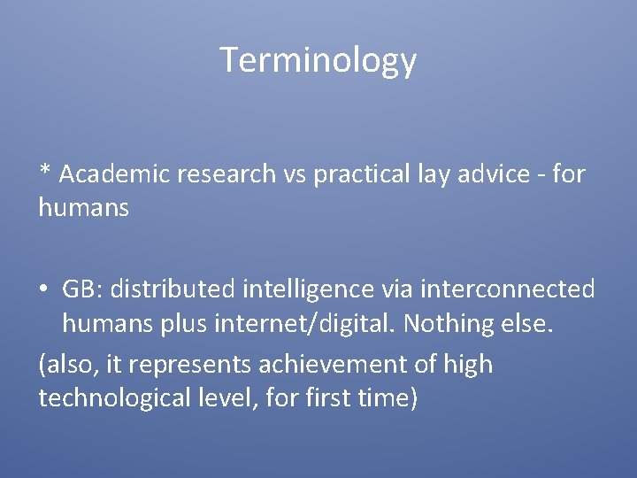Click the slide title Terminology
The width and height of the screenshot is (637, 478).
point(318,60)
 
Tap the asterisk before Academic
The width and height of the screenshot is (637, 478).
point(44,171)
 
